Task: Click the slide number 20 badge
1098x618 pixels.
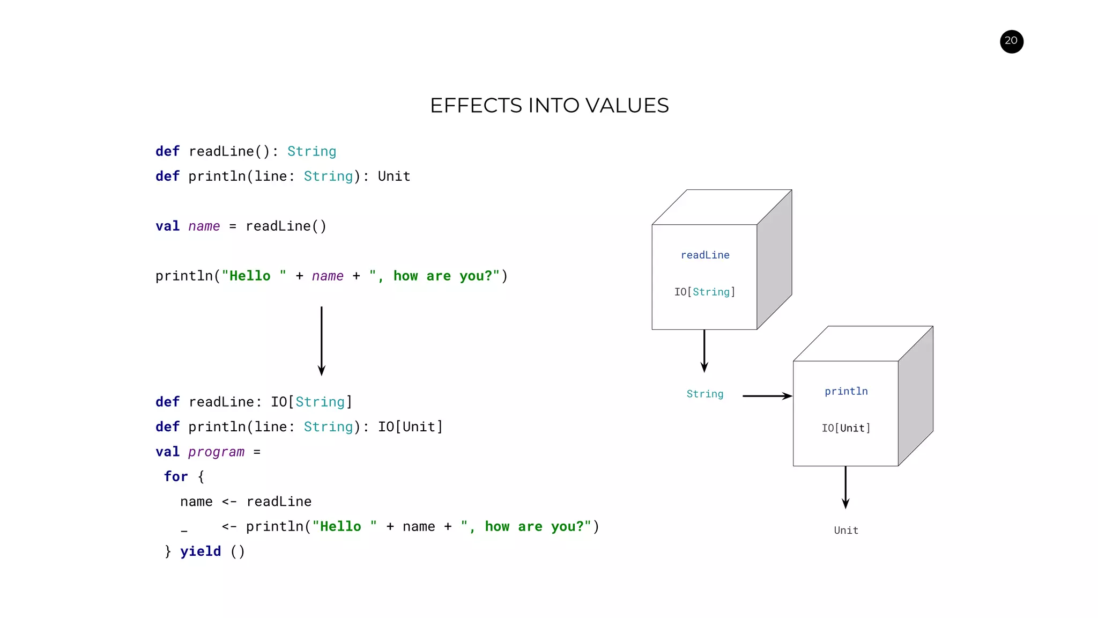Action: (x=1011, y=41)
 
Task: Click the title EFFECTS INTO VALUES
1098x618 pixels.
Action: (x=549, y=106)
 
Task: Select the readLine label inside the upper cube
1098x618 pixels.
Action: (x=704, y=255)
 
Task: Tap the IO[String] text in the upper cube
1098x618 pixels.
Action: (x=704, y=292)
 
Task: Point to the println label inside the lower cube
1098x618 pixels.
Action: (x=845, y=392)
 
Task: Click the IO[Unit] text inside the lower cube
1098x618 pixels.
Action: (x=845, y=428)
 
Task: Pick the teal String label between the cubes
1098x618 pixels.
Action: (x=704, y=394)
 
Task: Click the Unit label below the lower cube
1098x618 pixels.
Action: (x=845, y=531)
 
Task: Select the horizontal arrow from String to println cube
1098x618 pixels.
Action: (x=767, y=396)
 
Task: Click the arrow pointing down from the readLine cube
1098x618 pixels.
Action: (x=704, y=351)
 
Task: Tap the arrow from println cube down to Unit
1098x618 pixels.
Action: (x=845, y=487)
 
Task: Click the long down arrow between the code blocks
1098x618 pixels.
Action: (x=321, y=341)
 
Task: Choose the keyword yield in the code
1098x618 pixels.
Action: (x=200, y=551)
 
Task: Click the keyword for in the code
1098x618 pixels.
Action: (x=175, y=477)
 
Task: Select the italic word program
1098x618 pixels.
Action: (x=216, y=452)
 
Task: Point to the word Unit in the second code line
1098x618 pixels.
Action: (x=394, y=176)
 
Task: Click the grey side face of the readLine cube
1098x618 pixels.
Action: (x=774, y=260)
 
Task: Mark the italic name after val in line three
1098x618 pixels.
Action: (x=204, y=226)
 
